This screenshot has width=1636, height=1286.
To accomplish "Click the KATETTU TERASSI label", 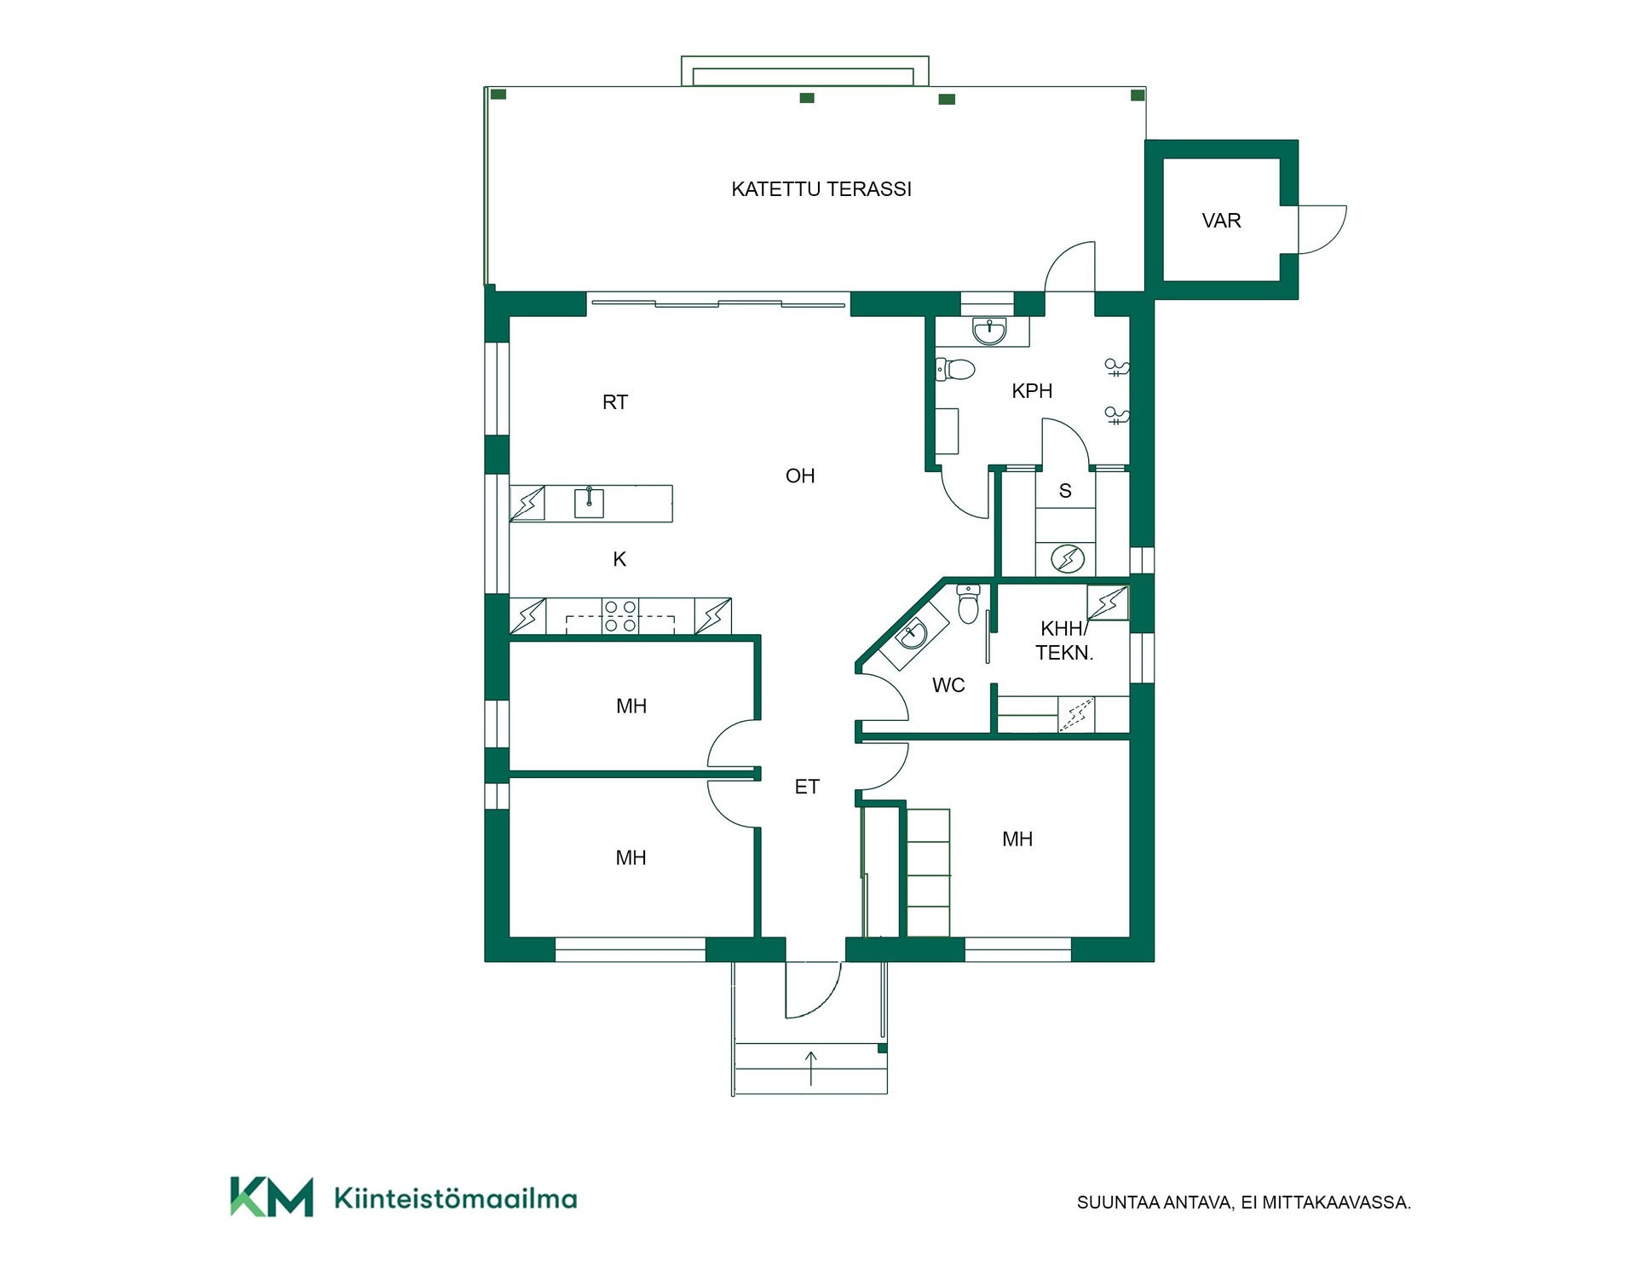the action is coord(821,189).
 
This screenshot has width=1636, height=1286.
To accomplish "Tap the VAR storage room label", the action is coord(1221,221).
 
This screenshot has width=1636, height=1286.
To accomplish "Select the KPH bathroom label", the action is coord(1032,391).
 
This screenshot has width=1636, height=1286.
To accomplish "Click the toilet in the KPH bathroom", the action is coord(956,369).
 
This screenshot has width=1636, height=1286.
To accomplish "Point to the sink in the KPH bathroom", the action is coord(989,331).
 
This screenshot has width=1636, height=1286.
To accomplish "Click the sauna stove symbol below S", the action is coord(1067,559).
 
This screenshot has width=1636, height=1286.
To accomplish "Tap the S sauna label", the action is coord(1065,491).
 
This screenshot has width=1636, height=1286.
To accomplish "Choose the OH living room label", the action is coord(800,476).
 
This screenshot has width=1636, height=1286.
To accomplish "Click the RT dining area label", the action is coord(615,402).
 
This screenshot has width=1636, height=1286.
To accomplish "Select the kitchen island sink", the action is coord(589,502).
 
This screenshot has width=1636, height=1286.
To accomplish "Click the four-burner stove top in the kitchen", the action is coord(620,616).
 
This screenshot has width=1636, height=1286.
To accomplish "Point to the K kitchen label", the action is coord(619,559).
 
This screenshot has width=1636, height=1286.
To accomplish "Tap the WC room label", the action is coord(948,685).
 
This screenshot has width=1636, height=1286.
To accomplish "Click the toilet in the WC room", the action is coord(968,603).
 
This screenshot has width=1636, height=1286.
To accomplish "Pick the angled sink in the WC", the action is coord(913,634).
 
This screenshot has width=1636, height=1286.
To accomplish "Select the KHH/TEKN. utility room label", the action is coord(1064,641).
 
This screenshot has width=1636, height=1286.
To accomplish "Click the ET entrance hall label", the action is coord(807,787).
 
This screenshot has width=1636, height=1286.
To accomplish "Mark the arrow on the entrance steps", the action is coord(811,1069).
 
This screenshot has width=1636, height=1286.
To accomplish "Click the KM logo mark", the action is coord(272,1197).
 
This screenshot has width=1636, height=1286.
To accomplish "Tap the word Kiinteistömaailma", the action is coord(456,1199).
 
